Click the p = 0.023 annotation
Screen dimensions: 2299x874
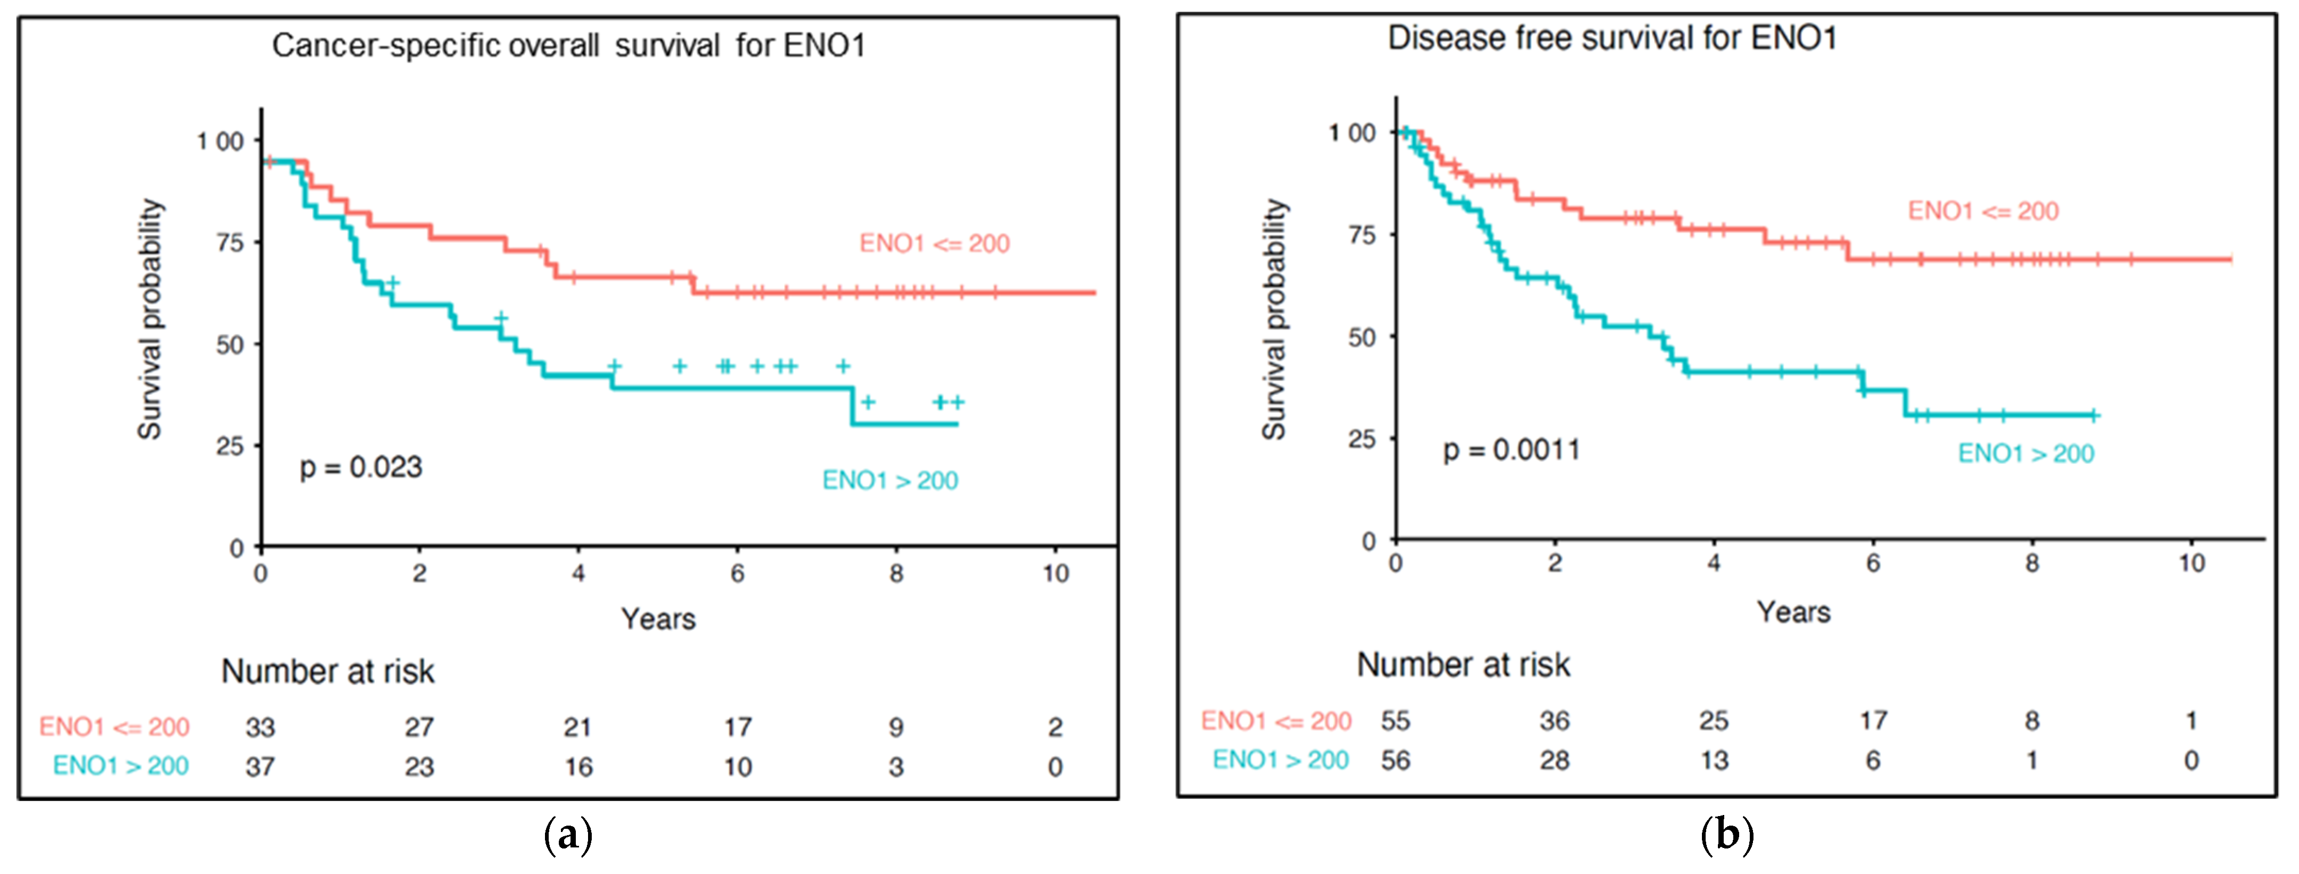[x=360, y=467]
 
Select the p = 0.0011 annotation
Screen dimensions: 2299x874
[x=1512, y=449]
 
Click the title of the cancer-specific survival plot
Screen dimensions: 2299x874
[x=568, y=46]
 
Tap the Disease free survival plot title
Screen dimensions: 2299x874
[x=1612, y=38]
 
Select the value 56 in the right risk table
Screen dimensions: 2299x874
[x=1396, y=761]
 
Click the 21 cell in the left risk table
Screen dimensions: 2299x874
[x=577, y=728]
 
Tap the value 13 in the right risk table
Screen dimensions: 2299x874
[x=1714, y=761]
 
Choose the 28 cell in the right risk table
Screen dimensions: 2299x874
[x=1555, y=761]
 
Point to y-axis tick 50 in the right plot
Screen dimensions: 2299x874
[x=1362, y=338]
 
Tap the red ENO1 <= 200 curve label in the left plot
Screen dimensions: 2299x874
[x=934, y=243]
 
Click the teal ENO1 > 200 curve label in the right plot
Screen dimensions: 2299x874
[x=2026, y=453]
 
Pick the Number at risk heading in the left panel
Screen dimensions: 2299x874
[x=328, y=671]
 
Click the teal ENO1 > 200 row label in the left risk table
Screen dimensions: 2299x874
[x=121, y=766]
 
